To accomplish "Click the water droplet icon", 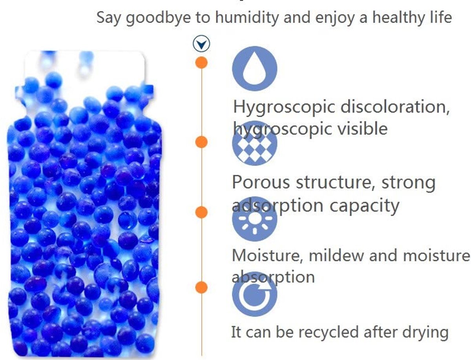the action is pyautogui.click(x=254, y=69).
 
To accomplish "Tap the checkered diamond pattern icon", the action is pyautogui.click(x=254, y=143).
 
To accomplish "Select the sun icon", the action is pyautogui.click(x=254, y=219).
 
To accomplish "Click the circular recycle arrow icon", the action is pyautogui.click(x=254, y=294).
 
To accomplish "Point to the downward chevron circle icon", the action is pyautogui.click(x=201, y=44).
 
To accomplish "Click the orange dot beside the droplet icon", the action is pyautogui.click(x=201, y=63).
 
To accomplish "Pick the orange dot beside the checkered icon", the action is pyautogui.click(x=201, y=142).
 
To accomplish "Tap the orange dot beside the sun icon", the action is pyautogui.click(x=201, y=212).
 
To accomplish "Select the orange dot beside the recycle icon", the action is pyautogui.click(x=201, y=287).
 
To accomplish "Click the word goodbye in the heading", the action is pyautogui.click(x=158, y=18).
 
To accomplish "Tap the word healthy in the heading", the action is pyautogui.click(x=399, y=18).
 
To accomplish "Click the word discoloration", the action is pyautogui.click(x=395, y=107).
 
